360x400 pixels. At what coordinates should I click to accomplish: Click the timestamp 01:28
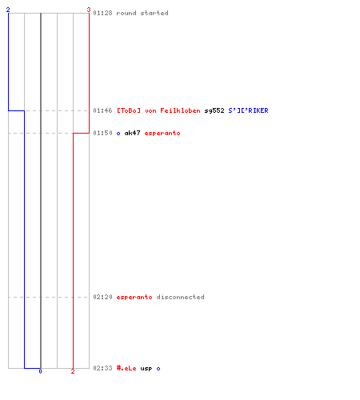point(102,13)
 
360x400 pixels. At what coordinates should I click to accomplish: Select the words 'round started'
point(142,13)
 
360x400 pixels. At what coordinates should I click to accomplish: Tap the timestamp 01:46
point(102,110)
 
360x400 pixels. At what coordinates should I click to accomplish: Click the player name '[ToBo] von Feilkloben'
point(158,110)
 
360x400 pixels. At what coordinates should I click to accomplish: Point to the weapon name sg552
point(214,110)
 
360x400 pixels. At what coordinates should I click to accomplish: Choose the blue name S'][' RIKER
point(248,110)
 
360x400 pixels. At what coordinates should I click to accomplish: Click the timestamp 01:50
point(102,133)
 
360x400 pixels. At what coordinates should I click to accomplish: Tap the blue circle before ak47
point(118,134)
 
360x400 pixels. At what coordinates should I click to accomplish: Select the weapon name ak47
point(132,133)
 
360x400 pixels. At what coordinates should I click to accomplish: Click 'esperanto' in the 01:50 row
point(162,133)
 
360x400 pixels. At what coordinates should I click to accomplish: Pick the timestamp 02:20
point(102,297)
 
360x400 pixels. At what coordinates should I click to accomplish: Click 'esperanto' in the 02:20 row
point(134,297)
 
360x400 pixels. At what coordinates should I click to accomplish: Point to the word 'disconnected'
point(181,297)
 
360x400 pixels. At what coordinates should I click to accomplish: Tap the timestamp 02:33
point(102,368)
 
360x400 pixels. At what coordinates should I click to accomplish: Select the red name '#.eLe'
point(126,368)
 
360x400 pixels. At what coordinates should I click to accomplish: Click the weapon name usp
point(146,369)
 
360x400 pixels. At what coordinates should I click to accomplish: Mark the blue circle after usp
point(158,369)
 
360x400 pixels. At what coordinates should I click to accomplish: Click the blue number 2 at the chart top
point(8,10)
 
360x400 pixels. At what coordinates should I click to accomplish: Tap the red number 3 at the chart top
point(89,10)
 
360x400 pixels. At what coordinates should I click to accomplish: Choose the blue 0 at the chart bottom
point(40,371)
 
